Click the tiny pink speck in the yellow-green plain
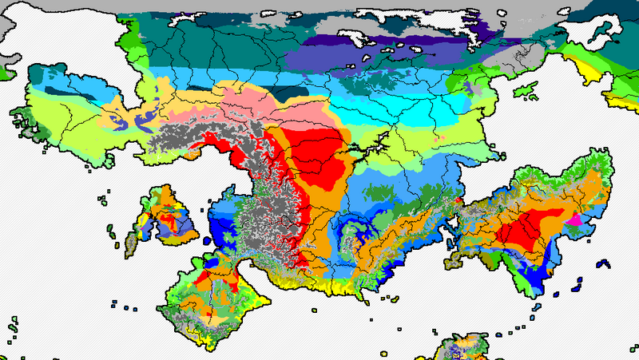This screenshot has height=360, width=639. (x=439, y=137)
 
